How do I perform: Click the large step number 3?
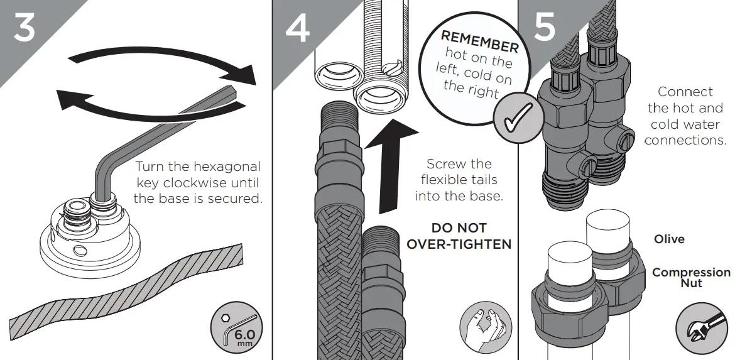pos(24,28)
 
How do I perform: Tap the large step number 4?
pos(297,28)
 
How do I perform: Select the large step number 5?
pos(543,28)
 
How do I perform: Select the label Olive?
pos(669,239)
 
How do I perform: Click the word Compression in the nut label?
pos(691,273)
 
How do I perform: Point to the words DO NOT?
pos(459,228)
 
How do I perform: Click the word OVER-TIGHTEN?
pos(459,244)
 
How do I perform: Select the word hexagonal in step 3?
pos(228,167)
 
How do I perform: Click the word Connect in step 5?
pos(685,92)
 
